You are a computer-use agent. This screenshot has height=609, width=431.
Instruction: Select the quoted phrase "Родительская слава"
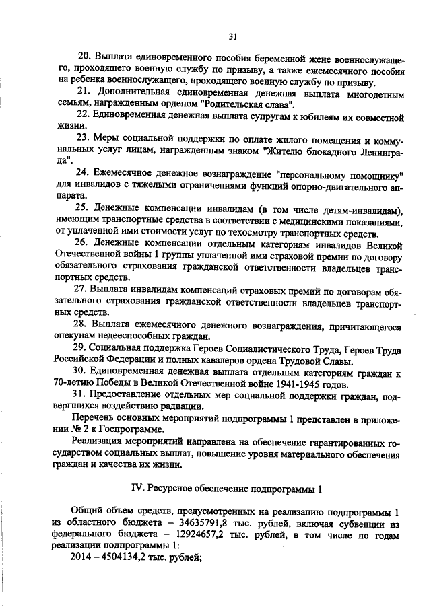[246, 106]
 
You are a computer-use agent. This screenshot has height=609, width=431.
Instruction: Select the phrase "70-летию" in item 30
[70, 382]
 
